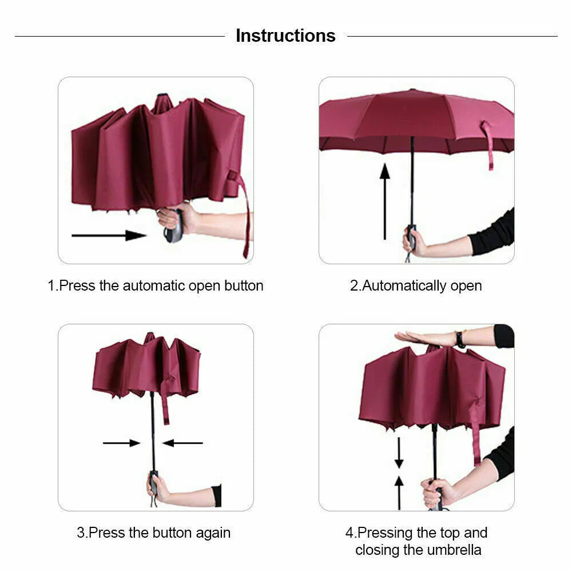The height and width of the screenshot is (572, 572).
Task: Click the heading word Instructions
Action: point(285,35)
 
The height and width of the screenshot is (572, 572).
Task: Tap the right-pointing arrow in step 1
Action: point(109,235)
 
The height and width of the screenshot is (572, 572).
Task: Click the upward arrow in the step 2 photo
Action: point(385,200)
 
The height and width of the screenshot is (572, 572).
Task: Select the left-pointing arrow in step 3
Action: point(182,443)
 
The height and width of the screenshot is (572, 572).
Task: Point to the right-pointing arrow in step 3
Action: point(121,443)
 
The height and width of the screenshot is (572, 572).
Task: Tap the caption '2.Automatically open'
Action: point(416,285)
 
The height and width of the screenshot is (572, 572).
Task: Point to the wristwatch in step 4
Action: point(460,339)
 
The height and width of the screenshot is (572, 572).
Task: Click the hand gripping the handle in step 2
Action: point(415,243)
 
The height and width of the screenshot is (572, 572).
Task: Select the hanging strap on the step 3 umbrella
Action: point(166,403)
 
